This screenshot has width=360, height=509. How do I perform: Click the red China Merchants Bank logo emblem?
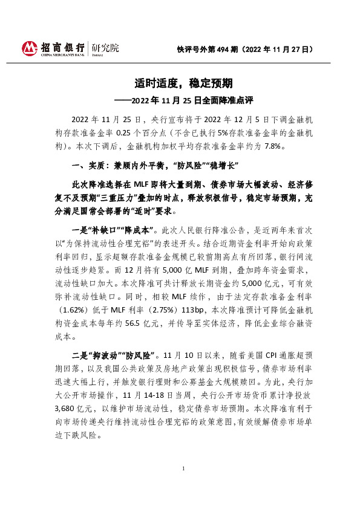(30, 48)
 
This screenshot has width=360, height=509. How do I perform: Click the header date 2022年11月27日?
(283, 51)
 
